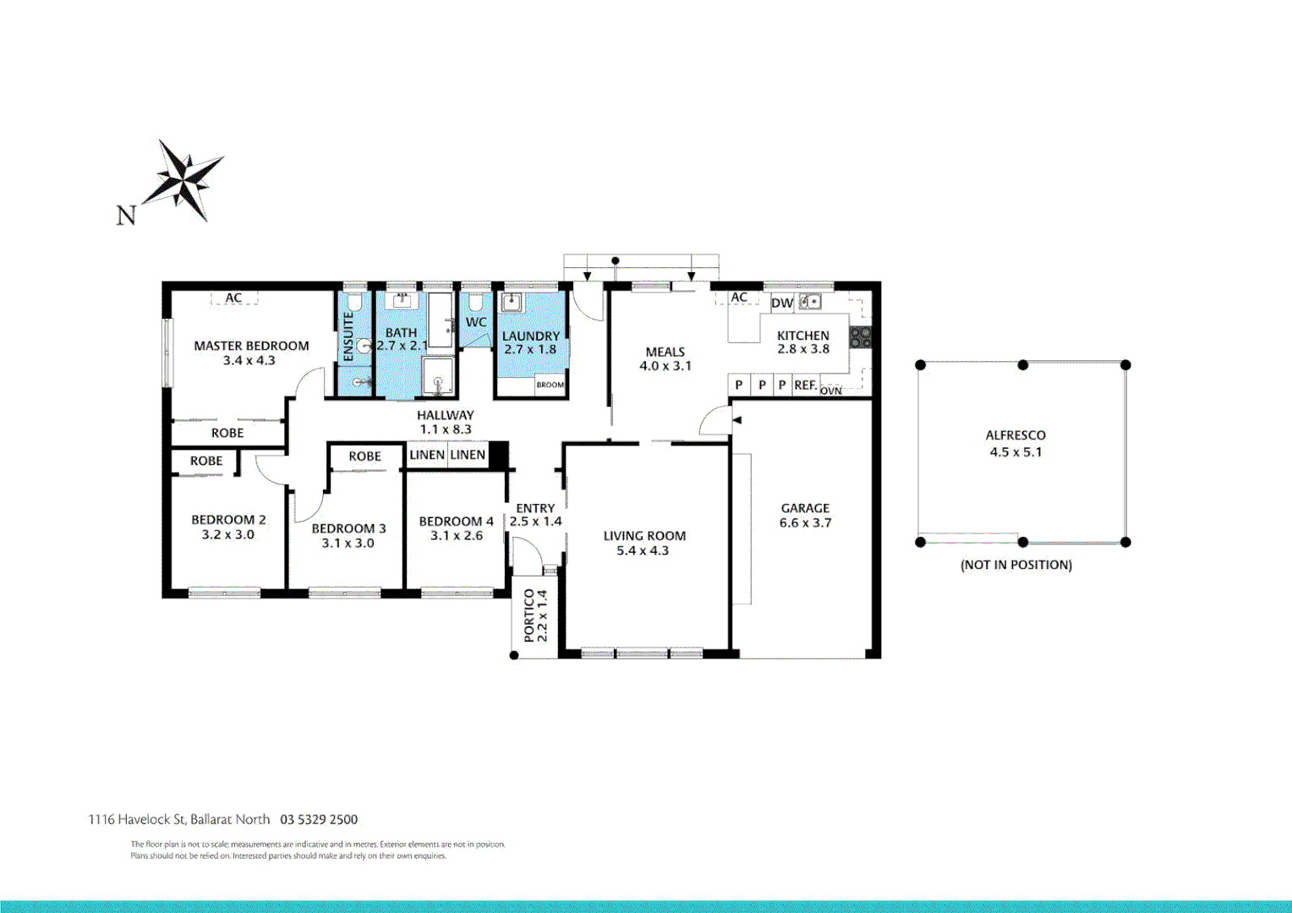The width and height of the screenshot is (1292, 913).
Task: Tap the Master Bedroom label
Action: (251, 346)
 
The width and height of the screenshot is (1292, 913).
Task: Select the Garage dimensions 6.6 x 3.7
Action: (805, 523)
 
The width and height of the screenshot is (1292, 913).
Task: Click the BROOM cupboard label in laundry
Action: (550, 385)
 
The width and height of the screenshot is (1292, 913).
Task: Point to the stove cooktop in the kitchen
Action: (860, 337)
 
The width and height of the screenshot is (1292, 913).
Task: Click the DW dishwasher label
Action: (782, 303)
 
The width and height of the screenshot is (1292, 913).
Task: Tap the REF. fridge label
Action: (805, 385)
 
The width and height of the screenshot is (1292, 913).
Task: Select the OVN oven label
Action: (831, 391)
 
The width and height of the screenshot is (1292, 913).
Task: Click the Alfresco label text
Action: (1016, 435)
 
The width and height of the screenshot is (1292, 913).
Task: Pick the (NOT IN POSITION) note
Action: (1016, 565)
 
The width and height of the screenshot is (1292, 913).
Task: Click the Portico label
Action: (529, 616)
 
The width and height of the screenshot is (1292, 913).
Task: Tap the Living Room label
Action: (644, 536)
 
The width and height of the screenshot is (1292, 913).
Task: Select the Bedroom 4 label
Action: (456, 522)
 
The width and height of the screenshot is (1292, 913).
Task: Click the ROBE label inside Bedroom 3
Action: (365, 456)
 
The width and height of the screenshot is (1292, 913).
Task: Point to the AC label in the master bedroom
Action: (233, 298)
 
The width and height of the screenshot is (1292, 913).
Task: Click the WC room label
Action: (476, 322)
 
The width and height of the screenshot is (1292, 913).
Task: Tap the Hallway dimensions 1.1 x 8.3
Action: (446, 429)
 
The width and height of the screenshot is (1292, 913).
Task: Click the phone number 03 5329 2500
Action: (319, 819)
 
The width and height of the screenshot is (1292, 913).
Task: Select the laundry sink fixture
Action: (511, 303)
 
